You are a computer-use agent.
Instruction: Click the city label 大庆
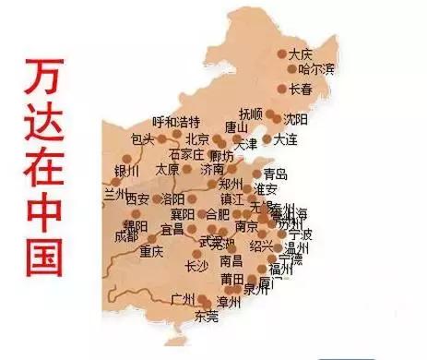coord(302,53)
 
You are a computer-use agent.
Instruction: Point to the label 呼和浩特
coord(175,122)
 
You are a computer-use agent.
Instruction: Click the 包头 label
coord(142,139)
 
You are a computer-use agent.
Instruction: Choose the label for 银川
coord(125,170)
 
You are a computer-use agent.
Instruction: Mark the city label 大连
coord(285,139)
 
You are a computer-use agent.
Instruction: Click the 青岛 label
coord(275,174)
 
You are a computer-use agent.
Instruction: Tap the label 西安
coord(136,198)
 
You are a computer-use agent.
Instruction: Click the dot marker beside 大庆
coord(282,54)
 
